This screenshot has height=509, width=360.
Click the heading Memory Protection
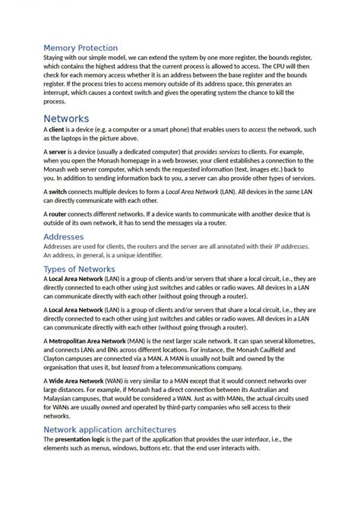pos(81,48)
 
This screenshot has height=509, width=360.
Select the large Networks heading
pos(66,119)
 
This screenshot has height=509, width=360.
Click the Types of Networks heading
pos(80,269)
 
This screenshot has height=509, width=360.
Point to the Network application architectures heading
pos(110,429)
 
